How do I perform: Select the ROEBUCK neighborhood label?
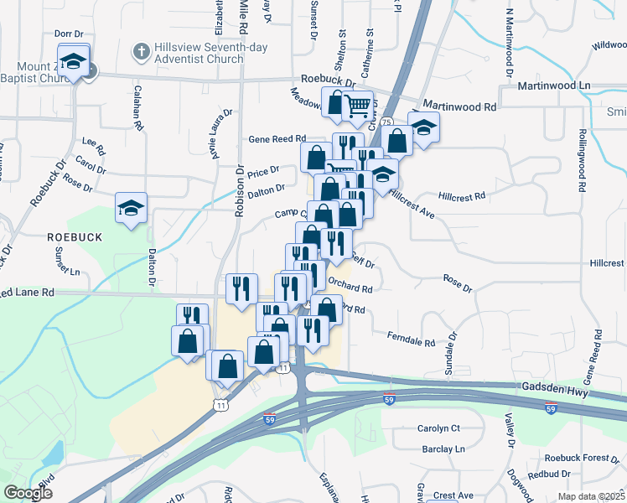[x=75, y=237]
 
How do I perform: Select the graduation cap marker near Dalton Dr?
[x=132, y=209]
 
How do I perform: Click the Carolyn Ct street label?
[x=438, y=428]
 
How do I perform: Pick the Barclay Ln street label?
[x=443, y=449]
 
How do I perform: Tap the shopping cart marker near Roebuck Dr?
[x=358, y=106]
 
